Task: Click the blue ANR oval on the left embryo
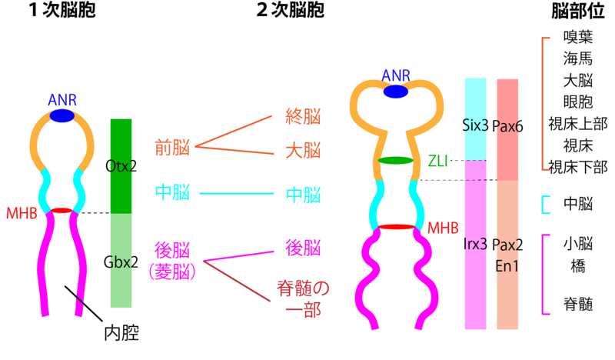pos(62,116)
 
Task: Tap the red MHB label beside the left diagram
pos(22,214)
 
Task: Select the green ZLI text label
pos(437,161)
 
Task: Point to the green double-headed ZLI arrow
pos(396,161)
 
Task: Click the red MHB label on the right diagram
pos(443,228)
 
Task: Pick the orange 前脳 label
pos(172,148)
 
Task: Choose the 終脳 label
pos(303,117)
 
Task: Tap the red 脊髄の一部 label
pos(303,298)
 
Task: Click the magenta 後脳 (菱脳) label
pos(172,259)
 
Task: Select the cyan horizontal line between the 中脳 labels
pos(237,193)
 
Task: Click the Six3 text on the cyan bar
pos(476,125)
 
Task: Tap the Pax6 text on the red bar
pos(507,125)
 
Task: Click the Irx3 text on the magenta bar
pos(476,245)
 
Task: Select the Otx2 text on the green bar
pos(121,165)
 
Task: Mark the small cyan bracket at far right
pos(545,205)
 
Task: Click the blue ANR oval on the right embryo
pos(396,92)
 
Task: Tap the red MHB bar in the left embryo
pos(61,211)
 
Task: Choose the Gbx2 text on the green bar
pos(121,261)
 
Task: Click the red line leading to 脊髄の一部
pos(237,281)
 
